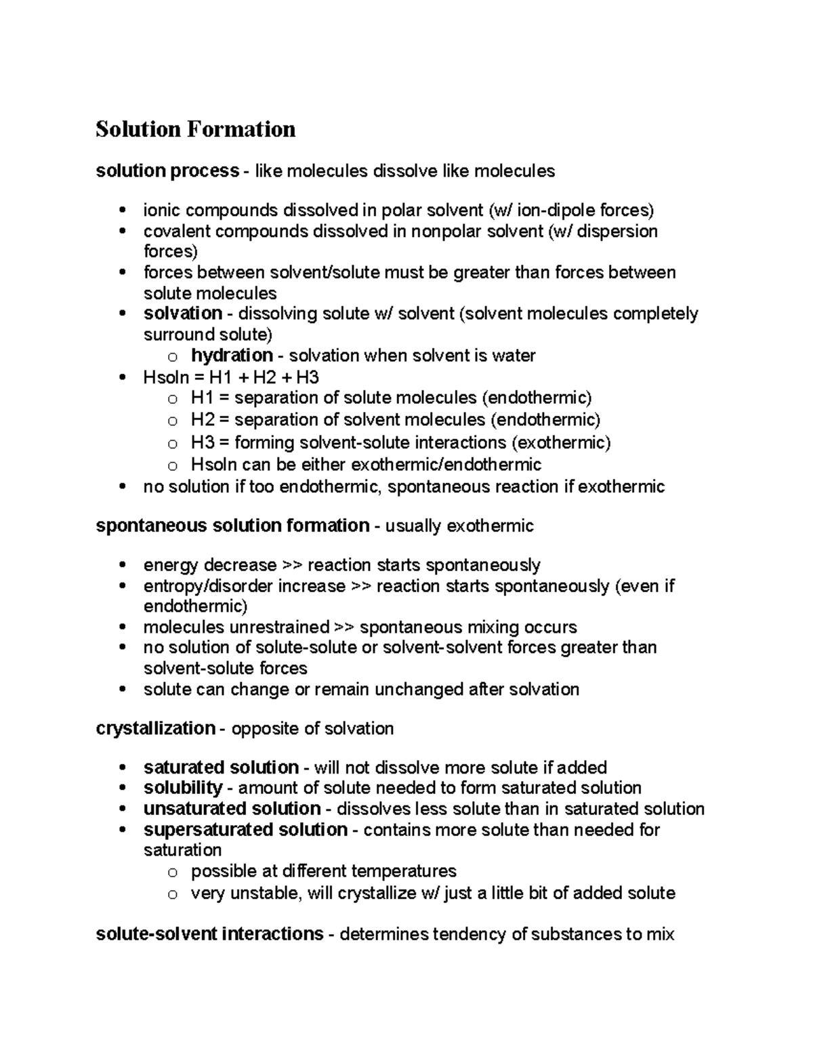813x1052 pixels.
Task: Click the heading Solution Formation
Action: click(x=195, y=129)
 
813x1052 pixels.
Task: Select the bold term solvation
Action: click(x=183, y=314)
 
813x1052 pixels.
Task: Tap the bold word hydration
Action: click(x=232, y=356)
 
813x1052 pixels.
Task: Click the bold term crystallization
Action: click(x=156, y=729)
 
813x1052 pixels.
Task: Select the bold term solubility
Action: click(x=183, y=788)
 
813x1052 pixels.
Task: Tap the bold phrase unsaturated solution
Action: click(x=232, y=809)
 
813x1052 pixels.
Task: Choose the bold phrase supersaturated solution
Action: click(x=245, y=830)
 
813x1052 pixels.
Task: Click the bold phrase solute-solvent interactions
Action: click(x=209, y=934)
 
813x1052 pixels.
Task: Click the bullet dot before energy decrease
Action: click(x=122, y=566)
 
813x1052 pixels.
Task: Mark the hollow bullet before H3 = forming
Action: click(x=172, y=444)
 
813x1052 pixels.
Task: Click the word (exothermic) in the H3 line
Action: click(x=561, y=443)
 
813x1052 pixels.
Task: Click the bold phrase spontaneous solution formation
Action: click(x=232, y=526)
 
